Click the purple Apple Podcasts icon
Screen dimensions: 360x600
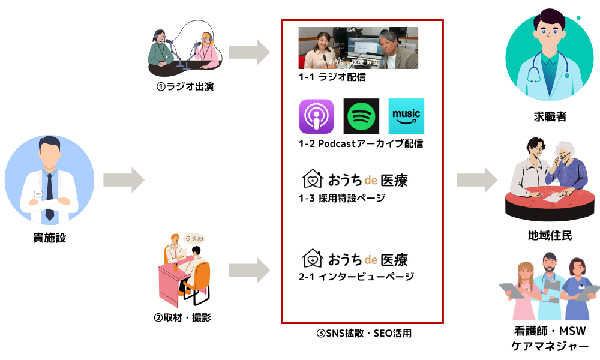click(x=316, y=116)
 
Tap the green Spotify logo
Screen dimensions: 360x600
click(x=361, y=116)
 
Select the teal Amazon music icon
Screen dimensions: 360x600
click(x=406, y=116)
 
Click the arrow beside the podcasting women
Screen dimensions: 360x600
click(x=249, y=52)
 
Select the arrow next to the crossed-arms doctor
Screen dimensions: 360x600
click(x=124, y=180)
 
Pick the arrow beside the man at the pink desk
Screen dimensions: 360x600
click(x=249, y=270)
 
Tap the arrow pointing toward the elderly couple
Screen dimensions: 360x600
click(x=476, y=180)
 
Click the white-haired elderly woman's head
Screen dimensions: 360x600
click(x=564, y=153)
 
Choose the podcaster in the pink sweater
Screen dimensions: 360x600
click(x=207, y=51)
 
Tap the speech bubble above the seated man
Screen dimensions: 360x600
click(x=194, y=239)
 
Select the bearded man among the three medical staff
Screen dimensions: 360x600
click(x=549, y=285)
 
